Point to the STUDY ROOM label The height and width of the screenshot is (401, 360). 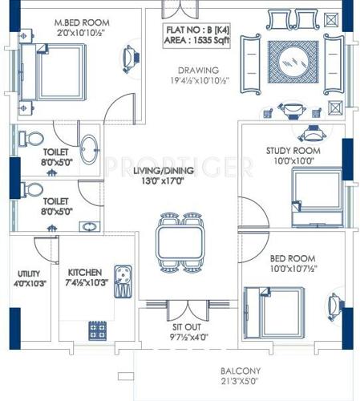click(x=293, y=151)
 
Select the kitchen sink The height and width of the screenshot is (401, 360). click(x=124, y=280)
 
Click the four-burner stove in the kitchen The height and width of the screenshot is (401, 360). click(x=99, y=329)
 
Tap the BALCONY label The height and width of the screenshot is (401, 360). click(x=242, y=371)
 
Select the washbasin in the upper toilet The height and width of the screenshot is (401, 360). click(x=91, y=148)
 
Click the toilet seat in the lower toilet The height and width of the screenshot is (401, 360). click(x=30, y=189)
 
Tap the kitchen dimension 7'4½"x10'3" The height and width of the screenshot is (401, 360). click(x=87, y=283)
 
